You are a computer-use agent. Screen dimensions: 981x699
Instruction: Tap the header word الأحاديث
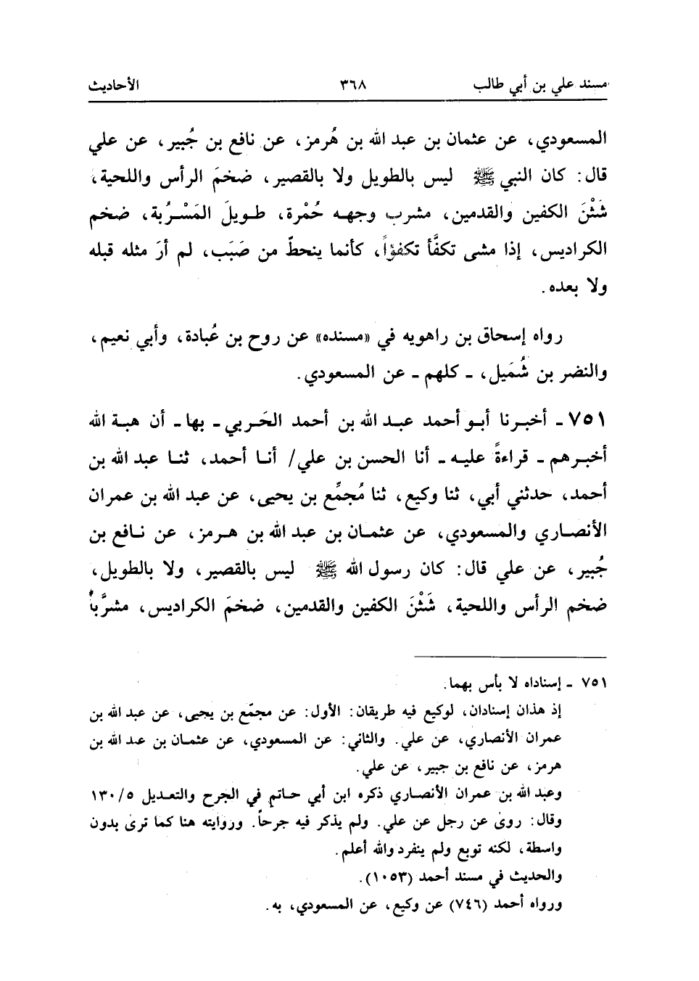point(115,85)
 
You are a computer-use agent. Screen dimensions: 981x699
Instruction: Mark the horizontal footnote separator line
point(505,657)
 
